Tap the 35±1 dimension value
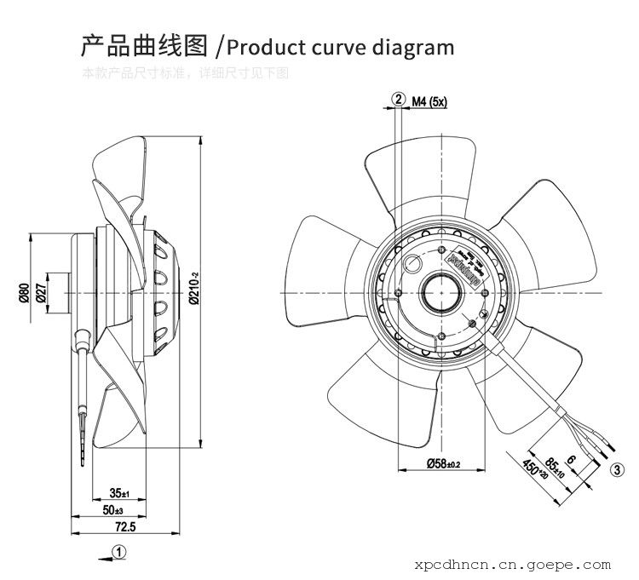[x=118, y=493]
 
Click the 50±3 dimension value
[x=112, y=509]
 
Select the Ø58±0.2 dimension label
[x=443, y=463]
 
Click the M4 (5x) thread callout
[x=429, y=101]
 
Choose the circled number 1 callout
[x=121, y=552]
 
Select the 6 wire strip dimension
[x=571, y=460]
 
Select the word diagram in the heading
[x=411, y=46]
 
